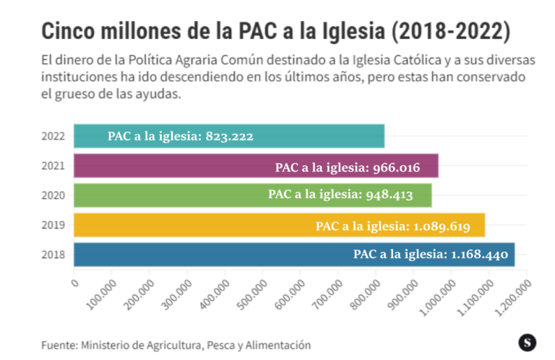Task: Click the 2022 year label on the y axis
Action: [x=54, y=136]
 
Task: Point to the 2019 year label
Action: [x=54, y=225]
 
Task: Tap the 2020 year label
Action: [x=54, y=195]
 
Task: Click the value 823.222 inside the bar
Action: [x=229, y=136]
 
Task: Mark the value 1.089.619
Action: [x=440, y=226]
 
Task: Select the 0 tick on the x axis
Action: [x=75, y=283]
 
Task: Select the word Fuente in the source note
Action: [x=58, y=345]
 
